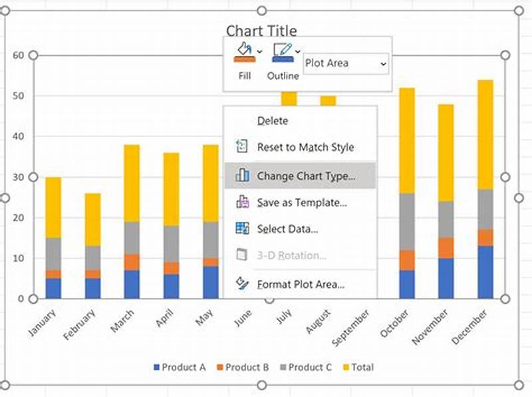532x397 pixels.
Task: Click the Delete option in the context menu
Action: click(x=272, y=121)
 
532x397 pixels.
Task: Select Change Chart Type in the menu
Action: click(x=305, y=176)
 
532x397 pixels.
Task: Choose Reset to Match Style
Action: click(x=305, y=148)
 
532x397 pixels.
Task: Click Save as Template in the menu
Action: click(x=301, y=203)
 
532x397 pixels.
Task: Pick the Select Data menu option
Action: click(x=287, y=229)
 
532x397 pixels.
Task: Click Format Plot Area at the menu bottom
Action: click(x=300, y=285)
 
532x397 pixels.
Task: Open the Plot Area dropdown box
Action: click(x=346, y=64)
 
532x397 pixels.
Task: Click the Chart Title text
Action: click(x=261, y=31)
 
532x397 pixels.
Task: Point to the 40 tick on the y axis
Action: click(x=18, y=136)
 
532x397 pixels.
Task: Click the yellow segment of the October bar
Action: click(x=407, y=140)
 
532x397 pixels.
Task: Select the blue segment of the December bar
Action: click(x=485, y=272)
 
